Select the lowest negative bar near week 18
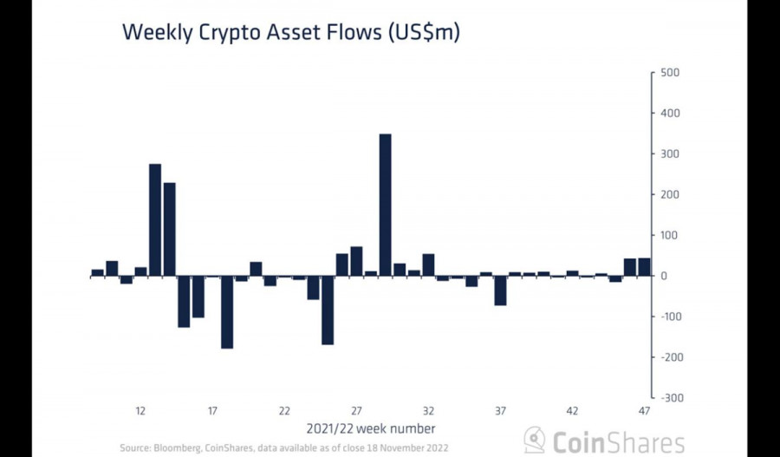(x=227, y=311)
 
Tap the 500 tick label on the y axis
(x=671, y=73)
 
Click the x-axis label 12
(x=140, y=410)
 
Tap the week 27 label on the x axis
(x=356, y=410)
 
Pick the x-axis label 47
(x=644, y=410)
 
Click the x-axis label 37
(x=500, y=410)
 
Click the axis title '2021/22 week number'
(x=371, y=428)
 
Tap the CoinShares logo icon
(x=535, y=440)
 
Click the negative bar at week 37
(x=500, y=291)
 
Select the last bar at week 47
(x=644, y=267)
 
